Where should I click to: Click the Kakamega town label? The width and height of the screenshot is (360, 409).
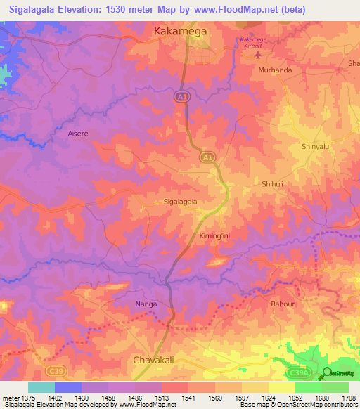point(180,31)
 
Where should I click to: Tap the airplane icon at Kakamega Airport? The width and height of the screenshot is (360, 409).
point(258,54)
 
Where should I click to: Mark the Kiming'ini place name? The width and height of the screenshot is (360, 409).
point(214,236)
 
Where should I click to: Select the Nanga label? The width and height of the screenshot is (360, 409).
point(146,304)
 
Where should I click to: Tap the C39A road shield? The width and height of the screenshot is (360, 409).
point(299,370)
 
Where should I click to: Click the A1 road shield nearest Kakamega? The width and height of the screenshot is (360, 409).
point(181,100)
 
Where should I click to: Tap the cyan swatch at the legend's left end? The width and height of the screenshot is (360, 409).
point(41,387)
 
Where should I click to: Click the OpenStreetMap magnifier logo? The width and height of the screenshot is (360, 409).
point(328,372)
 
